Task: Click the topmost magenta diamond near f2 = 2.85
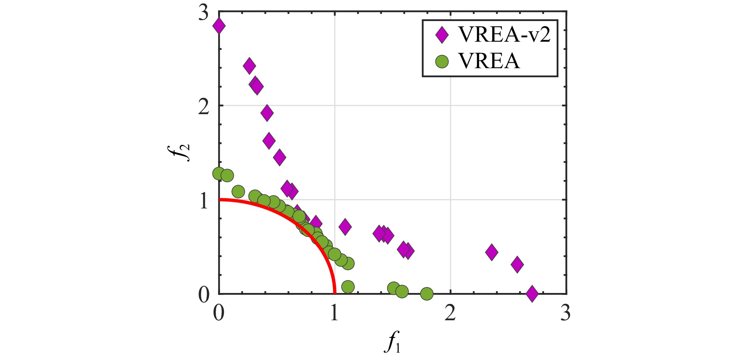tap(219, 26)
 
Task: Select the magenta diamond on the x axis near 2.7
tap(532, 293)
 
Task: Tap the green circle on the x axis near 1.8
tap(427, 294)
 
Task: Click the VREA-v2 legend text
tap(505, 35)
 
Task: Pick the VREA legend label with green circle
tap(489, 61)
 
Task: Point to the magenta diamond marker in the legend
tap(442, 35)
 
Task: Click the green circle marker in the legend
tap(442, 61)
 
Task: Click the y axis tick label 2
tap(203, 106)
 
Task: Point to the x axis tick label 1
tap(334, 313)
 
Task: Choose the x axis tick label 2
tap(450, 313)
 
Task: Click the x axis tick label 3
tap(565, 313)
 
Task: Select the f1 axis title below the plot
tap(393, 343)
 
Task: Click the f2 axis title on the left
tap(183, 152)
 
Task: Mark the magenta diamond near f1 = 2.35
tap(492, 252)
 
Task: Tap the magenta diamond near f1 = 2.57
tap(517, 265)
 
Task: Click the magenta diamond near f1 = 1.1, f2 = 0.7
tap(345, 226)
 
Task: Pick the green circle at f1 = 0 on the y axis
tap(219, 173)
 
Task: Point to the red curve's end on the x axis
tap(335, 292)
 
